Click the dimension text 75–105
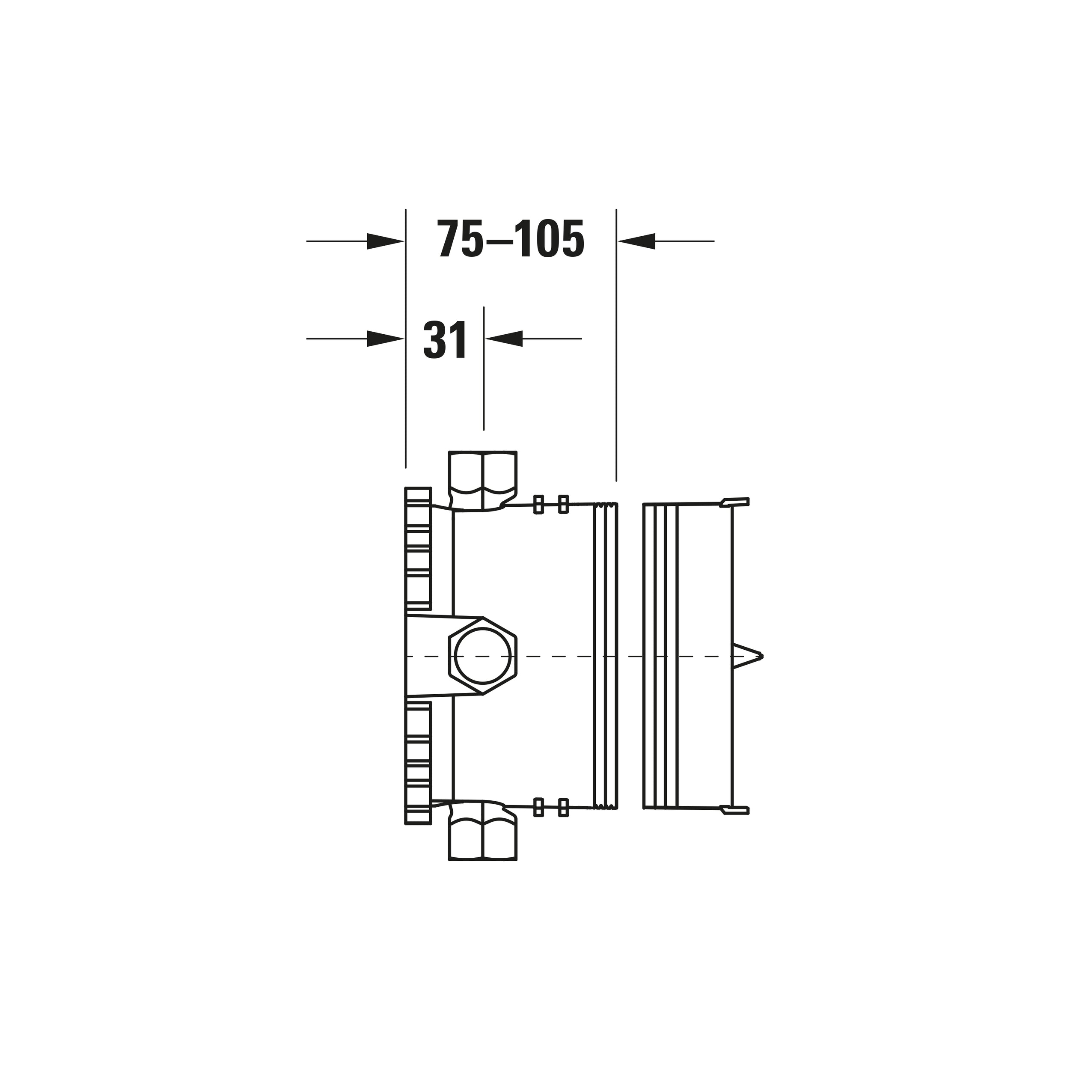point(510,239)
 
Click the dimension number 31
point(445,339)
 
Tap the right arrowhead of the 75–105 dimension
point(636,241)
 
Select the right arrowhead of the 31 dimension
point(504,339)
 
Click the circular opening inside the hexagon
point(482,656)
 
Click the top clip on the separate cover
point(734,502)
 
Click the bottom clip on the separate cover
point(734,810)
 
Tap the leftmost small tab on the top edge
point(538,505)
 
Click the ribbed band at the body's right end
point(605,656)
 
